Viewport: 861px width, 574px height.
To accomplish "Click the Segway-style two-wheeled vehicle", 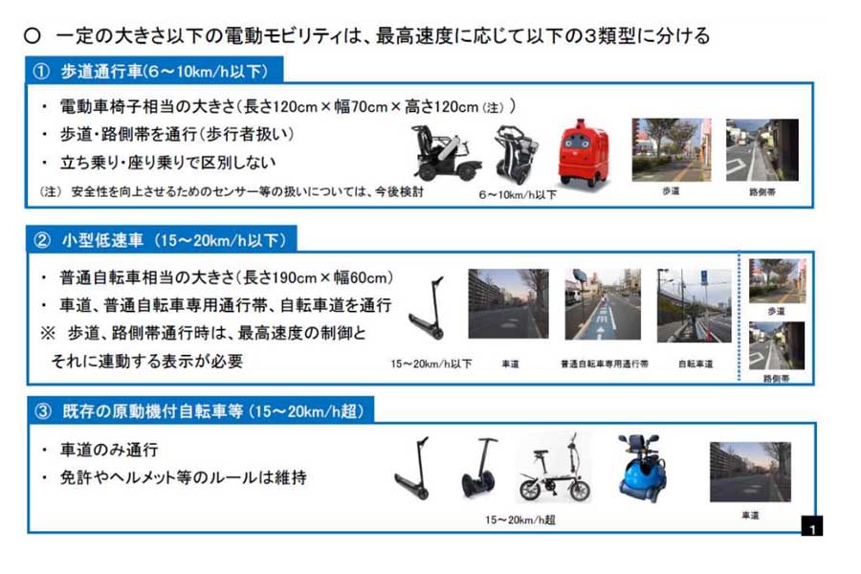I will tap(479, 469).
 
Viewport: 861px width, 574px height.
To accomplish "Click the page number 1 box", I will tap(811, 527).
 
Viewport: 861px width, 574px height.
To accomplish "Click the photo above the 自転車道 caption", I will tap(694, 306).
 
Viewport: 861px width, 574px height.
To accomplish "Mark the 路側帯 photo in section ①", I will tap(762, 151).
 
